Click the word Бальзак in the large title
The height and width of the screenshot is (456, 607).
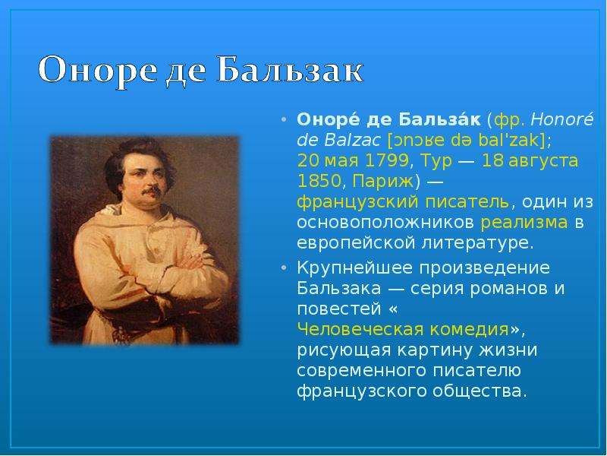(x=291, y=70)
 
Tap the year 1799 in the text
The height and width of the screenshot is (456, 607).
(x=386, y=160)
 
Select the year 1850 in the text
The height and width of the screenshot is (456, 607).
(x=319, y=181)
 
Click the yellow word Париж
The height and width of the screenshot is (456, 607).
(x=383, y=181)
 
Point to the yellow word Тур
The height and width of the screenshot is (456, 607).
(x=436, y=161)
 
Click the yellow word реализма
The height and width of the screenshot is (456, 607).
(x=524, y=223)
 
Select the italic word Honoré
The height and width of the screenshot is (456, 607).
(x=561, y=119)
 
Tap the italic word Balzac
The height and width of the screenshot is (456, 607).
(x=352, y=140)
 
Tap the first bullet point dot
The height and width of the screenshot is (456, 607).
(x=285, y=119)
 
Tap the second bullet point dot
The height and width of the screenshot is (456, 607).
(x=285, y=268)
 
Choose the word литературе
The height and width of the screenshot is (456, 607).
(x=478, y=243)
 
